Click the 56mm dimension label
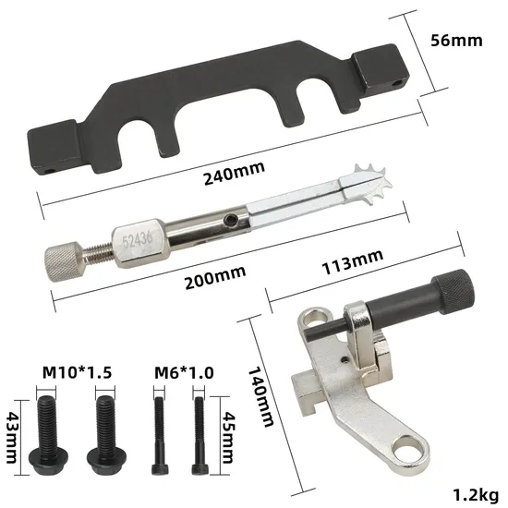coord(460,41)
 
